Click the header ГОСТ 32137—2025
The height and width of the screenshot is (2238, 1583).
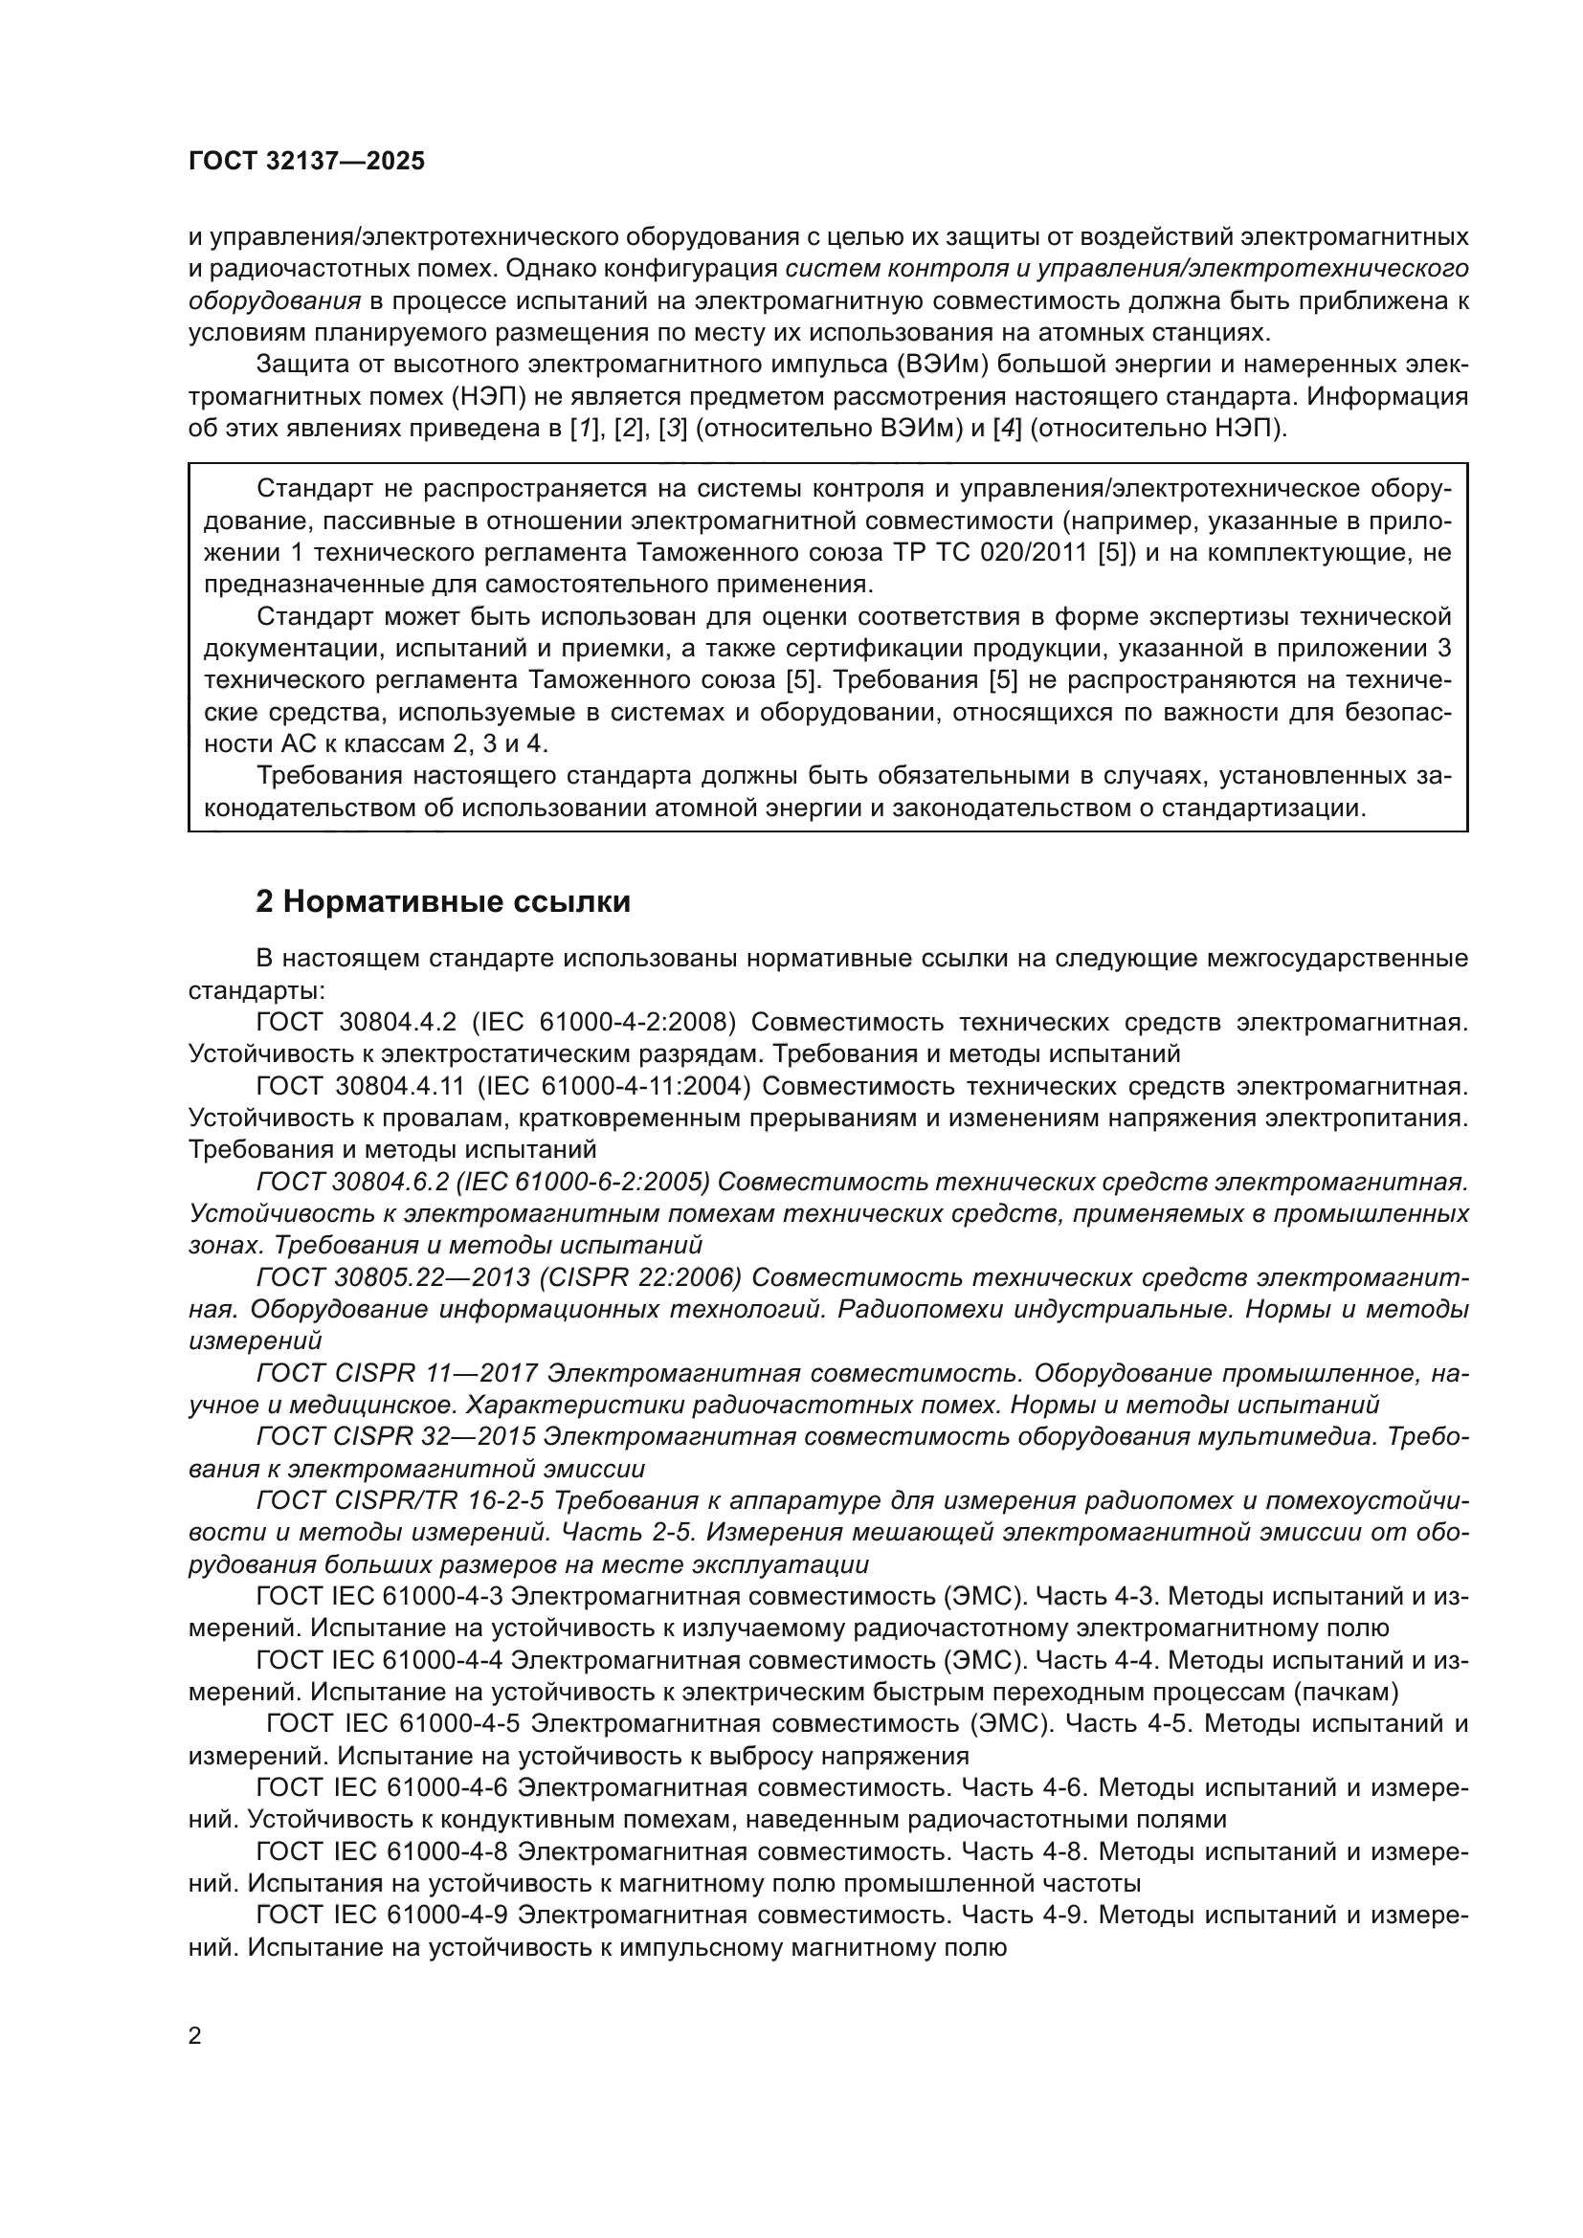point(307,162)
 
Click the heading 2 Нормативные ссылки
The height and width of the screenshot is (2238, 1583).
point(442,901)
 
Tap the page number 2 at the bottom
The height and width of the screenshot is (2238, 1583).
point(195,2036)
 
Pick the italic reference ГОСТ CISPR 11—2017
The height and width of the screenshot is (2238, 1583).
point(397,1373)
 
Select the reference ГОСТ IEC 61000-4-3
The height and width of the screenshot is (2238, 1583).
point(379,1597)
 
